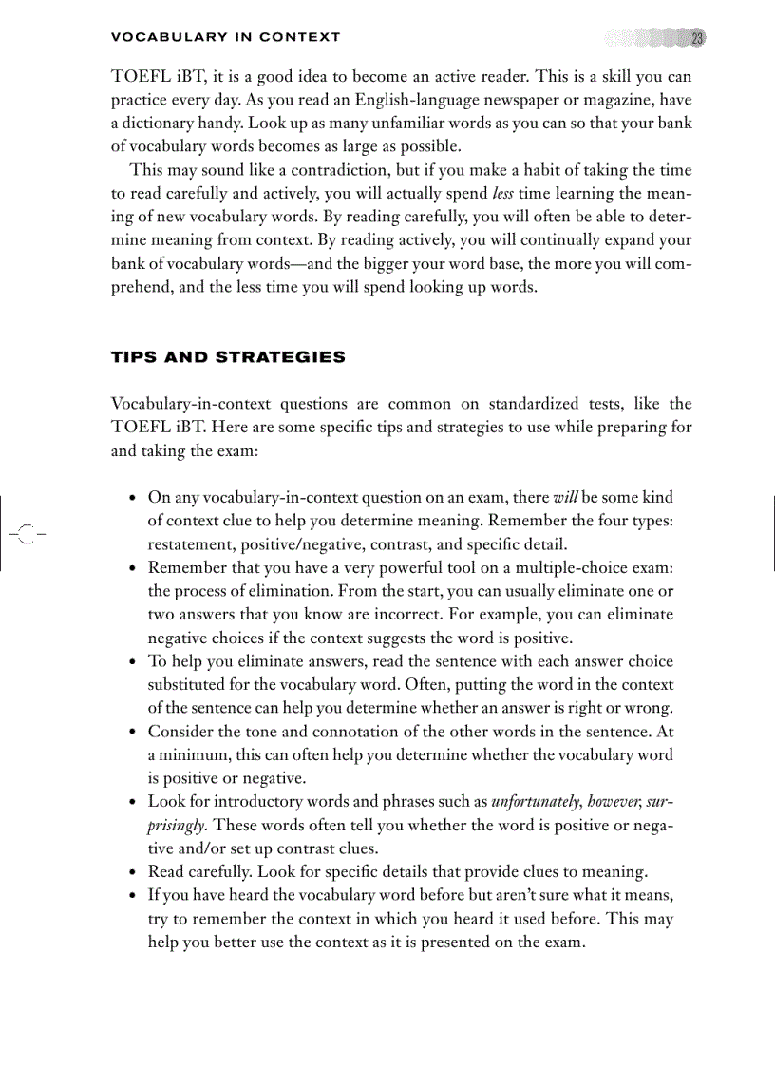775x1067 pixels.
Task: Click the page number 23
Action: point(696,38)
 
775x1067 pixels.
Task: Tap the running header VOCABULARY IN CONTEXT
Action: point(225,38)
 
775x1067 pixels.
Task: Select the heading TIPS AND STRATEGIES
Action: point(228,358)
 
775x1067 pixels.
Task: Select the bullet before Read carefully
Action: point(132,872)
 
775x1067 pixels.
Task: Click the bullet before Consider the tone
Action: point(132,732)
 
